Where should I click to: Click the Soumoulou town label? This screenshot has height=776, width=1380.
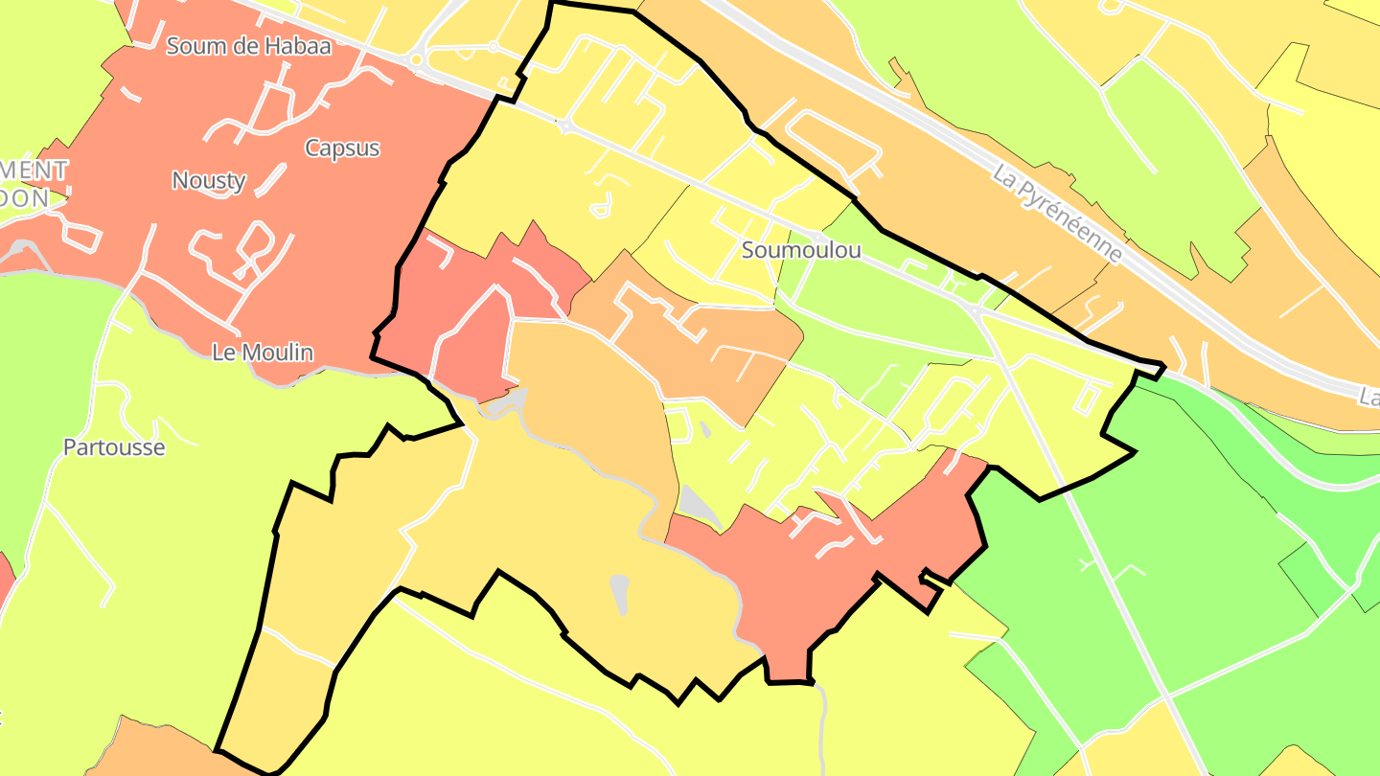(801, 250)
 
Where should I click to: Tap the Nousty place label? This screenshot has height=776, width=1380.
(209, 180)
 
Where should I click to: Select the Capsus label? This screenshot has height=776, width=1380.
(342, 148)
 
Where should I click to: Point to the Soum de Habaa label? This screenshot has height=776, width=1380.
(248, 45)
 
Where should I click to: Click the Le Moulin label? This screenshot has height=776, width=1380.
(263, 353)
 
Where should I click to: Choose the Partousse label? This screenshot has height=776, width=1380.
(114, 447)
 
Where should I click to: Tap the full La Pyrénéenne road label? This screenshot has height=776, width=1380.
(1057, 216)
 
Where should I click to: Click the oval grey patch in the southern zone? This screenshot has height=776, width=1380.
(620, 594)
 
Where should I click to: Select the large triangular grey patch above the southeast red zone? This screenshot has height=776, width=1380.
(698, 506)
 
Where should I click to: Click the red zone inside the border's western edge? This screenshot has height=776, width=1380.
(470, 316)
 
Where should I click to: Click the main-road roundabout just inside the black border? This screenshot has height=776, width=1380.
(565, 126)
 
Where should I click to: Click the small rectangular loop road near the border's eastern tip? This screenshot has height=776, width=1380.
(1089, 399)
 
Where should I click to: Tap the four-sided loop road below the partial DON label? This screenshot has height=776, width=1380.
(79, 235)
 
